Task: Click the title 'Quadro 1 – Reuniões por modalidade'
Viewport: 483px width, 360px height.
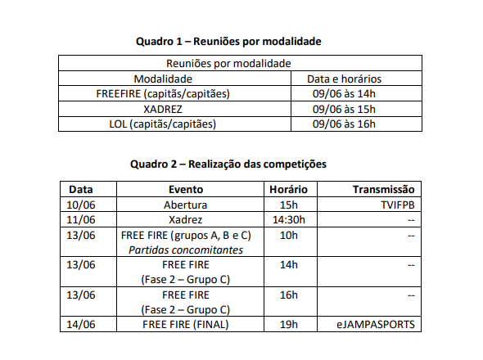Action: coord(228,40)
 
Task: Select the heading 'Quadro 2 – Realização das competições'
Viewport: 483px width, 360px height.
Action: coord(228,164)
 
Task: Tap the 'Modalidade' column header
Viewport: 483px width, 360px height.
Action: coord(163,79)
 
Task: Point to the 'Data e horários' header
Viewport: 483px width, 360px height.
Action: coord(344,79)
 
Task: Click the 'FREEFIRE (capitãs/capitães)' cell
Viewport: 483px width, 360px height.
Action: coord(163,93)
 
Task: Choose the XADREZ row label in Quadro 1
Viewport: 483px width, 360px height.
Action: coord(163,109)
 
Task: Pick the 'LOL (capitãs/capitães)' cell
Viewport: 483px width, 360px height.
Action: coord(163,124)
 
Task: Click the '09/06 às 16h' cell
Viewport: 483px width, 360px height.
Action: coord(344,124)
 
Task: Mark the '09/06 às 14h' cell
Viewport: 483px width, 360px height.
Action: coord(344,93)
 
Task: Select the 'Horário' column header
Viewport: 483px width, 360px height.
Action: coord(288,189)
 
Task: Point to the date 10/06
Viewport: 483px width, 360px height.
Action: coord(80,205)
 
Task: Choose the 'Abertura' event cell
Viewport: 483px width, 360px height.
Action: coord(185,205)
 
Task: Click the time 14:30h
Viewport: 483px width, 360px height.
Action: coord(288,220)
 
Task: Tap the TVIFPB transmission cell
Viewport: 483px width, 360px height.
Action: coord(397,205)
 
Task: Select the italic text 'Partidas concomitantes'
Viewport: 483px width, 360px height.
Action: coord(186,250)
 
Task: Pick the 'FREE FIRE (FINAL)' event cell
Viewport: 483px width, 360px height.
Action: coord(186,325)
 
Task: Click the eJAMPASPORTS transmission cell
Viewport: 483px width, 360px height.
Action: coord(376,325)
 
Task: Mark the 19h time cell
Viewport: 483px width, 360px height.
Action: coord(288,325)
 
